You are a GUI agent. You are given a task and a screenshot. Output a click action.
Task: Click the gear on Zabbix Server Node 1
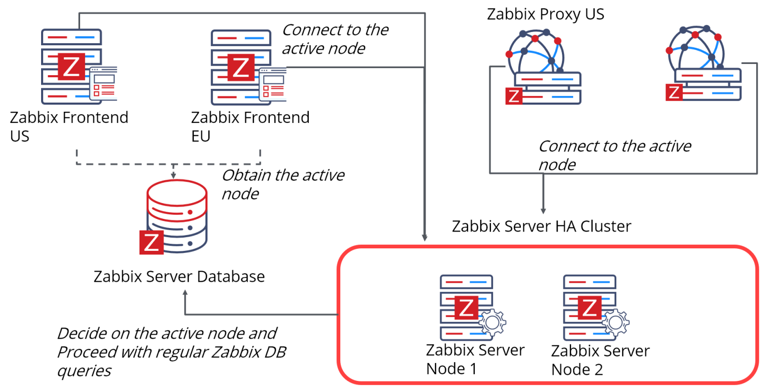492,322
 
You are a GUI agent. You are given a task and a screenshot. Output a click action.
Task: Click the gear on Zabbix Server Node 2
616,322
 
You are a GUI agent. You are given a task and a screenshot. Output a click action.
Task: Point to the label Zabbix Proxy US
545,14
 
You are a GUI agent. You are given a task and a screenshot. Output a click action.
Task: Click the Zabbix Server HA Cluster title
542,226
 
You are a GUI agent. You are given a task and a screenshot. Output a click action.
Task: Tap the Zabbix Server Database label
179,277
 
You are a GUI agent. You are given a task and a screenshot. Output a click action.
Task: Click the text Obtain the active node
283,184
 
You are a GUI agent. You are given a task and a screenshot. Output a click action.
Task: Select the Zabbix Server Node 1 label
475,360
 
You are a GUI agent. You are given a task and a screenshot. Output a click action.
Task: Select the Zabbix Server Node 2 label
600,360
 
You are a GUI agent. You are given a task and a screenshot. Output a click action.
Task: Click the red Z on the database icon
152,242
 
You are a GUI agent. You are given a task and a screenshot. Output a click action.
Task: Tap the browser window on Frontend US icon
103,84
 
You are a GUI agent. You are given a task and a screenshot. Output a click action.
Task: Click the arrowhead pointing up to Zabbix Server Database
185,294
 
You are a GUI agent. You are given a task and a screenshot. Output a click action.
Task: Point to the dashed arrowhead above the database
173,176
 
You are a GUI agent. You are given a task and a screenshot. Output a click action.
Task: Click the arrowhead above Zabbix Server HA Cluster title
543,211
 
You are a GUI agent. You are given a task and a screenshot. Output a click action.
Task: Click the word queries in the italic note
84,371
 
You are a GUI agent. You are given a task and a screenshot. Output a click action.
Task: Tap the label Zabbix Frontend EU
250,127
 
